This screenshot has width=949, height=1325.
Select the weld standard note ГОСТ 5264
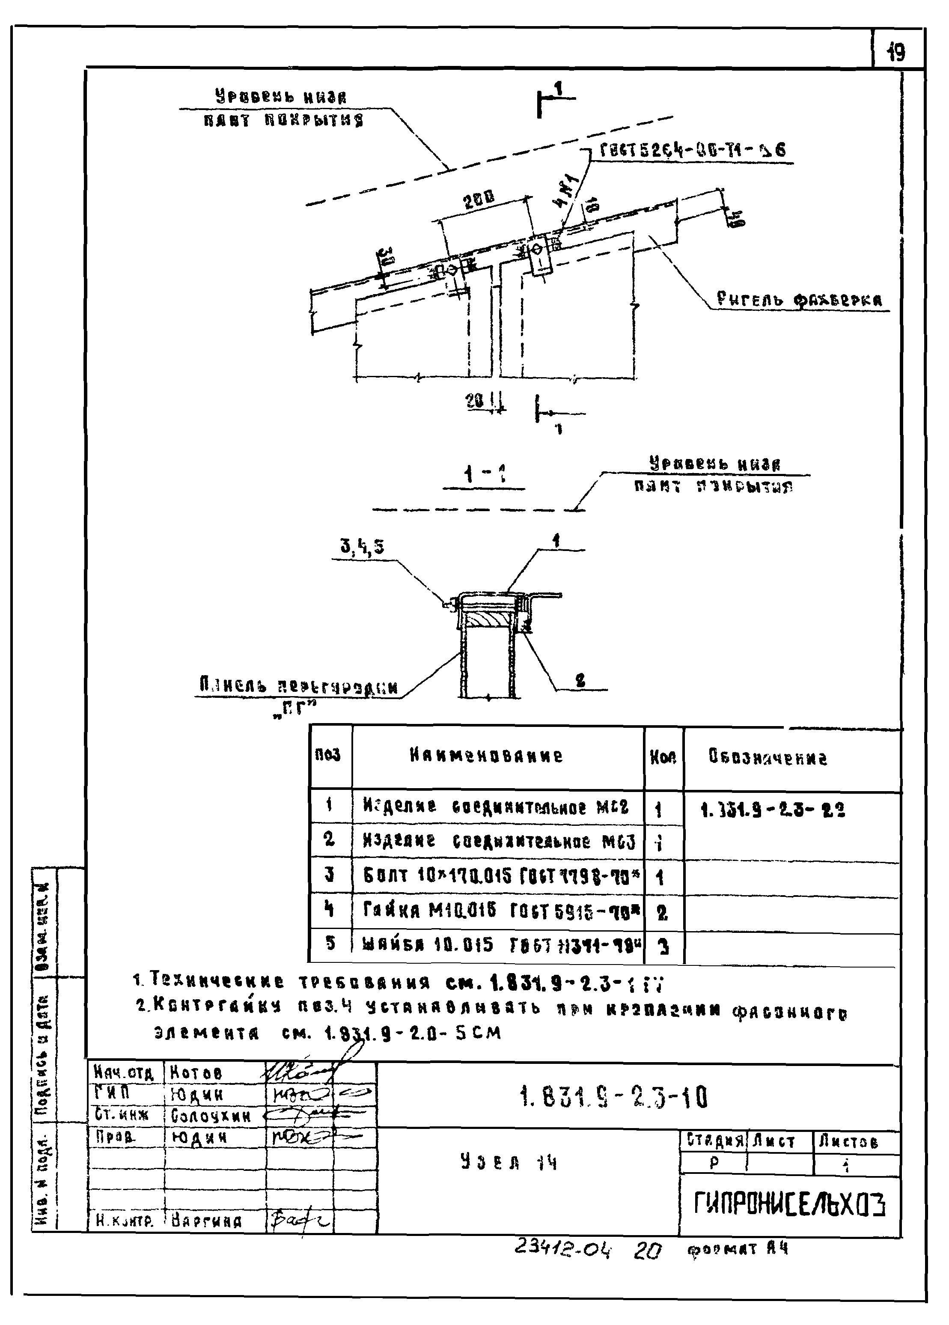click(693, 150)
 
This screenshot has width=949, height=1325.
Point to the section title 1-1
click(484, 475)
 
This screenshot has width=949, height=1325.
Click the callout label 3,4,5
click(362, 547)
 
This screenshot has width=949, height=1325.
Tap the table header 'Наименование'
click(486, 756)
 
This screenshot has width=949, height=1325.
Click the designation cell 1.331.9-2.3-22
click(772, 810)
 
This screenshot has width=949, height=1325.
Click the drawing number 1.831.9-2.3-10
click(613, 1098)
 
